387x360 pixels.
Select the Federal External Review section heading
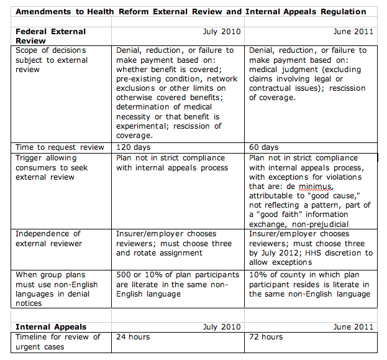[x=50, y=36]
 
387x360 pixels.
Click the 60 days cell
[x=264, y=147]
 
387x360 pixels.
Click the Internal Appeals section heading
[x=51, y=326]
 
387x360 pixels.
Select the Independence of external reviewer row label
[x=48, y=239]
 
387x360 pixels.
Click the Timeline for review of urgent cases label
[x=57, y=341]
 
